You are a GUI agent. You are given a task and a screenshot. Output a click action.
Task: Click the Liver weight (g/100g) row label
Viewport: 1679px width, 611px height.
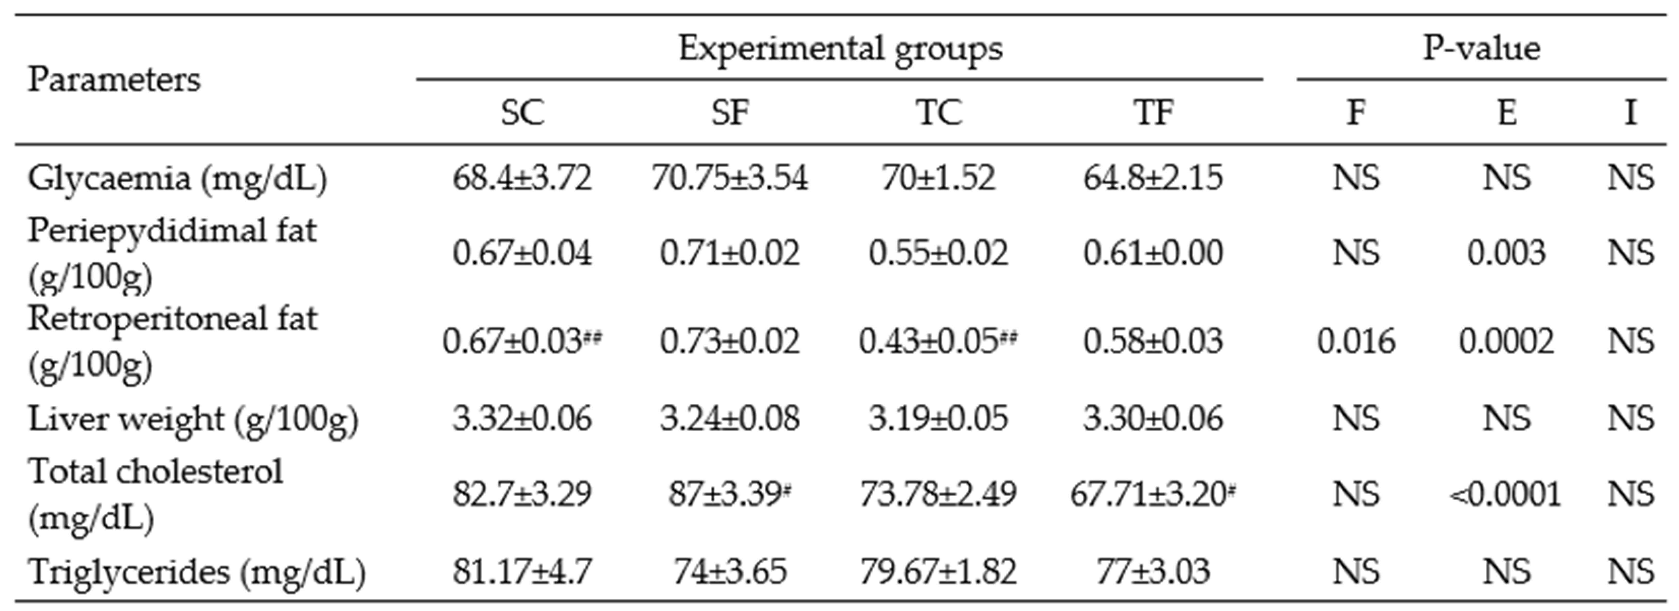coord(193,419)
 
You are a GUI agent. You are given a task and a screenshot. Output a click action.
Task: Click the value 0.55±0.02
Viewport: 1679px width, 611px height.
coord(938,253)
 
